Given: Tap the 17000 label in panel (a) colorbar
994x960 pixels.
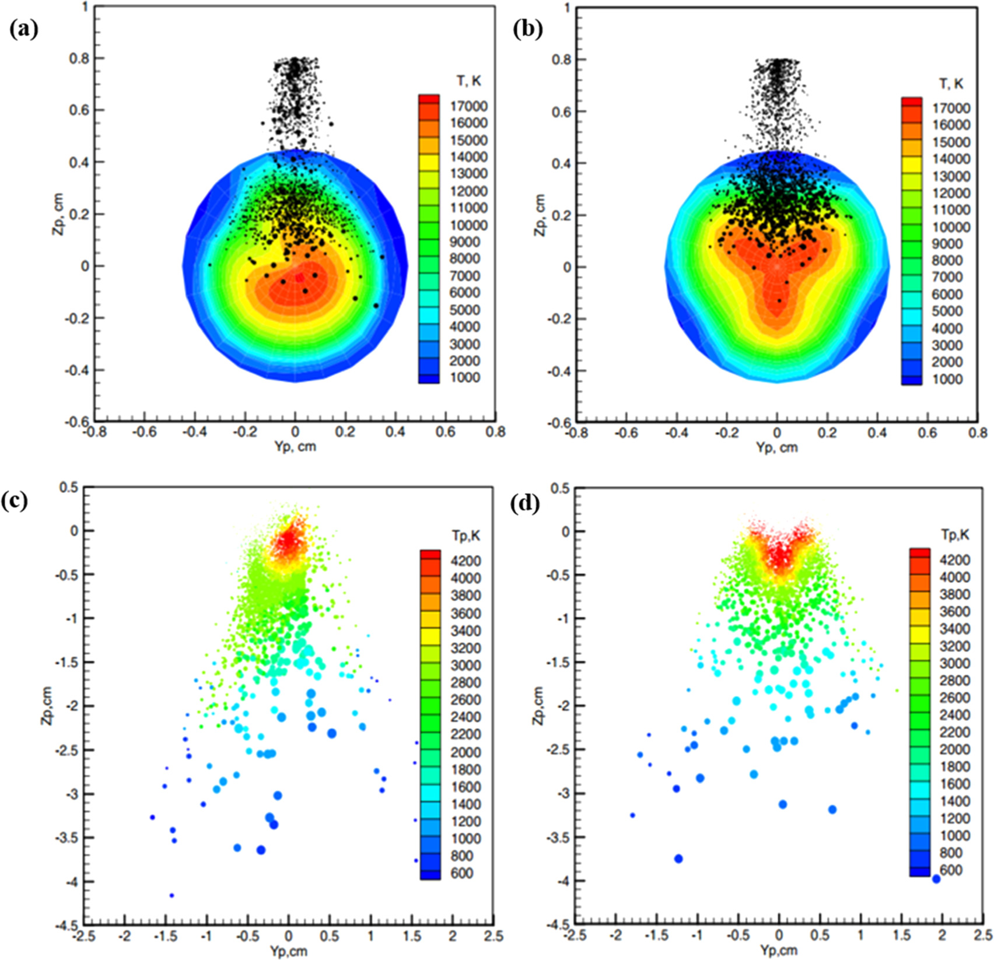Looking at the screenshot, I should [x=468, y=106].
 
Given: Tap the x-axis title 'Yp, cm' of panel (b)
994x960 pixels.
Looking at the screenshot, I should [x=776, y=447].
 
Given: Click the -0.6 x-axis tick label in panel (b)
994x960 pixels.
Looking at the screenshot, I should [x=625, y=433].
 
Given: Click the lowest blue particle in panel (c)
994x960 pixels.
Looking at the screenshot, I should [x=171, y=895].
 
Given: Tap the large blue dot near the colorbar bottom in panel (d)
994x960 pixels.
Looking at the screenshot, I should [x=936, y=879].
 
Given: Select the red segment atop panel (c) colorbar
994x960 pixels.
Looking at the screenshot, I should [x=430, y=553].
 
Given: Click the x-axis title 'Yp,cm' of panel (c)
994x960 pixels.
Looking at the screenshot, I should [x=288, y=951].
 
